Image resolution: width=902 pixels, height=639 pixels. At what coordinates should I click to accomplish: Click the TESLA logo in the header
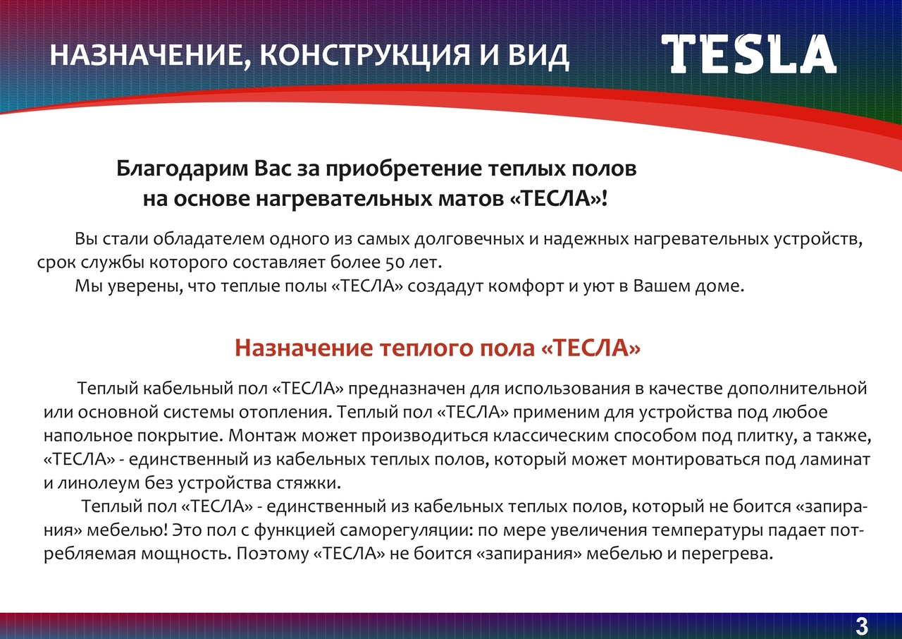[749, 54]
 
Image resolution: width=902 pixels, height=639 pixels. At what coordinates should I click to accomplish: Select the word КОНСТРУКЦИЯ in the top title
[364, 55]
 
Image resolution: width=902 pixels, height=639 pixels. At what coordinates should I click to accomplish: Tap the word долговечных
[469, 240]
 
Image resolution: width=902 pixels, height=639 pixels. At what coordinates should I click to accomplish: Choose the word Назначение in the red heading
[304, 348]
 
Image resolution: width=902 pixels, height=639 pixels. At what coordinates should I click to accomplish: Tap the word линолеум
[99, 483]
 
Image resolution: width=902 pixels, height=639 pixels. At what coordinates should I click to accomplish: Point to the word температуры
[708, 531]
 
